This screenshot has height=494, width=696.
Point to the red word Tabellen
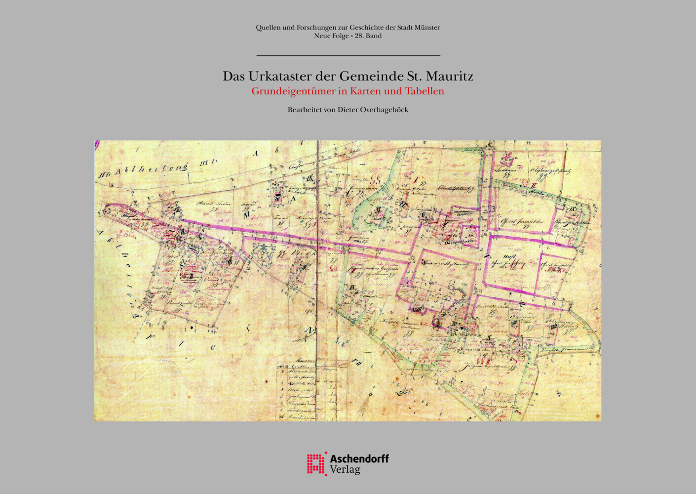(x=425, y=91)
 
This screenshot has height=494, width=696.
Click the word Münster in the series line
(x=427, y=28)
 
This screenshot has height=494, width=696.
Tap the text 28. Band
(x=368, y=36)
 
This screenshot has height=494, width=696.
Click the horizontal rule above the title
(x=348, y=56)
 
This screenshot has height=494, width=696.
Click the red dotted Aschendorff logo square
(x=316, y=464)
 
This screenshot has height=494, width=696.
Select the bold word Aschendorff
(x=359, y=458)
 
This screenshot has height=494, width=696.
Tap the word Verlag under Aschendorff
(x=345, y=470)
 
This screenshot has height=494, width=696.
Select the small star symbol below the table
(x=370, y=394)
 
